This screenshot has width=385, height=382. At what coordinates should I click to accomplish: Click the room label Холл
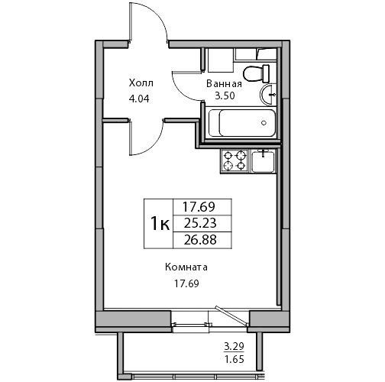click(x=141, y=83)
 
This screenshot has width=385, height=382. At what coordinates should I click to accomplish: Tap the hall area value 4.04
click(x=139, y=99)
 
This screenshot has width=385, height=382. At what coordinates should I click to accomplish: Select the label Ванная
click(x=224, y=84)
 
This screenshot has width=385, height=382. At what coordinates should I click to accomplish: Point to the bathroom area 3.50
click(x=225, y=95)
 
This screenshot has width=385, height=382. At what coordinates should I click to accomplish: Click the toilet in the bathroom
click(x=257, y=73)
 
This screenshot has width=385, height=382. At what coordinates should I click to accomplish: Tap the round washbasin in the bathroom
click(x=268, y=95)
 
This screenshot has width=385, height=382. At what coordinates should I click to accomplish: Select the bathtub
click(x=242, y=123)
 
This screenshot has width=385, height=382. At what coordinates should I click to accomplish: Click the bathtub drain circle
click(x=264, y=123)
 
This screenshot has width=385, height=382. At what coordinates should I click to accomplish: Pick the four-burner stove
click(x=235, y=161)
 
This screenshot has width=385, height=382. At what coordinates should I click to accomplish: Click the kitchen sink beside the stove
click(x=264, y=161)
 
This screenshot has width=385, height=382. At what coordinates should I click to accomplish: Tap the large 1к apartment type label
click(x=160, y=223)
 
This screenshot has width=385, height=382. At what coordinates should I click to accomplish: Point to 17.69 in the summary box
click(x=199, y=207)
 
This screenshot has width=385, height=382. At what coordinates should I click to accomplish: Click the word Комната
click(x=186, y=267)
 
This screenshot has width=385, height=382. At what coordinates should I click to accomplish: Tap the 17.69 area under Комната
click(x=186, y=283)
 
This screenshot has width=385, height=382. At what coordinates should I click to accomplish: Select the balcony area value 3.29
click(x=234, y=347)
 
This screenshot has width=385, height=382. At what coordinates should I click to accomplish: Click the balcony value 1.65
click(x=235, y=359)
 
